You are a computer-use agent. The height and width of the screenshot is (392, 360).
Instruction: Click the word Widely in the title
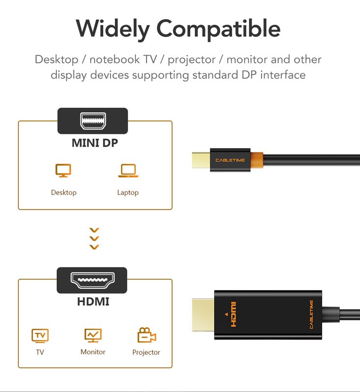113,29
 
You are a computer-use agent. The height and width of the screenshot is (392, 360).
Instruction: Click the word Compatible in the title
218,29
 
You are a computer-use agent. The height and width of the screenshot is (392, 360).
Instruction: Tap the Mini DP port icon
93,121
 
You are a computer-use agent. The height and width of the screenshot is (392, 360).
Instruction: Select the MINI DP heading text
95,143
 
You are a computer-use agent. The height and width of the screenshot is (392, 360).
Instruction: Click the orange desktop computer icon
63,171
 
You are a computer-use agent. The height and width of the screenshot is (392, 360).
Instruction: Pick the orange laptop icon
129,171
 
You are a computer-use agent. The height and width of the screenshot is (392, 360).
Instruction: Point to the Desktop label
64,192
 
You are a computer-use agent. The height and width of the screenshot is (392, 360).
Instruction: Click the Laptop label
128,193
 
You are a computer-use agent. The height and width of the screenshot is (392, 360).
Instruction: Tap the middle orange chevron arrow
94,239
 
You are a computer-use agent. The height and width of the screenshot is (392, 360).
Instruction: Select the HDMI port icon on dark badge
93,280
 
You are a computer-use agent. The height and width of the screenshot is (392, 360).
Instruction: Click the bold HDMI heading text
93,301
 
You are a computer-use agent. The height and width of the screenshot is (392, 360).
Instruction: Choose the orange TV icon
40,336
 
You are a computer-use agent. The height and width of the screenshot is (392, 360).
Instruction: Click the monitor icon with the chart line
93,336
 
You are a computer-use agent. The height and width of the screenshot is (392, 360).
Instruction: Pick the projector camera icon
147,335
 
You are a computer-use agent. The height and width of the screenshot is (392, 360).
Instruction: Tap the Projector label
146,352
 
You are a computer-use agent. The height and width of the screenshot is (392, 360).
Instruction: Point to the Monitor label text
93,352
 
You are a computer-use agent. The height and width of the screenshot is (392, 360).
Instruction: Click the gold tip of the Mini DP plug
201,160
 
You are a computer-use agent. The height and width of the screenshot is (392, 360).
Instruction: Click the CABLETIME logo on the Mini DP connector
230,160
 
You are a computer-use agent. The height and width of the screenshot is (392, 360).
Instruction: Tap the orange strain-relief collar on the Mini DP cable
257,160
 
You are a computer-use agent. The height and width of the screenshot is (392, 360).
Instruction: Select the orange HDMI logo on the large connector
233,314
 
